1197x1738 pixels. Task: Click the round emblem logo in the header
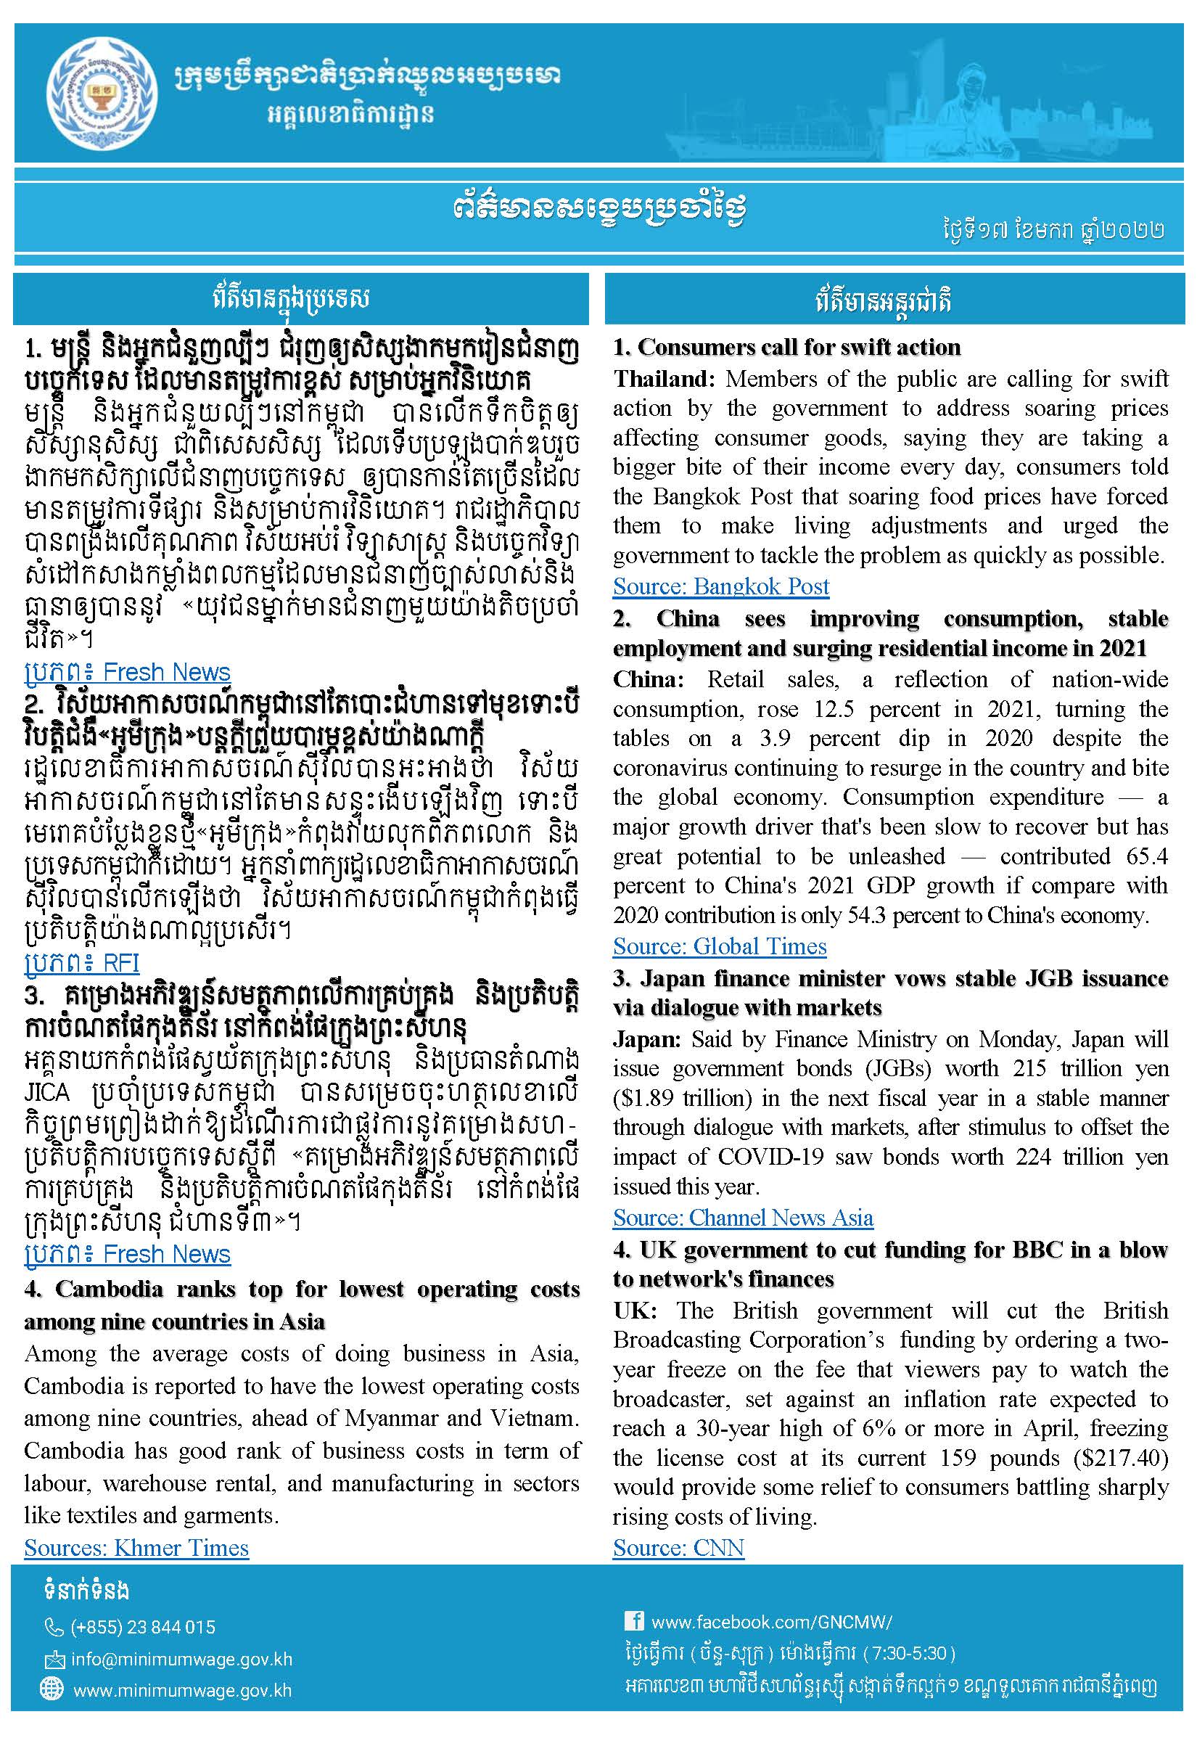[103, 94]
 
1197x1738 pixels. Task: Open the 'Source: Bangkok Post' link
[721, 586]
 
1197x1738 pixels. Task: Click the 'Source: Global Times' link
[719, 946]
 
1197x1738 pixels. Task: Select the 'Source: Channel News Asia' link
[742, 1217]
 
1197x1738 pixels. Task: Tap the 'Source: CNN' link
[678, 1547]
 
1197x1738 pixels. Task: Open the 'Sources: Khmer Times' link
[136, 1547]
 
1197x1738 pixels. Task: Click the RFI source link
[82, 963]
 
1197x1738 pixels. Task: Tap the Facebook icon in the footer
[634, 1621]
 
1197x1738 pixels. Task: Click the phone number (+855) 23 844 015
[142, 1627]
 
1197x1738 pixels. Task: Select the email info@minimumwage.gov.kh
[181, 1659]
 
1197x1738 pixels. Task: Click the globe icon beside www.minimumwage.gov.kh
[52, 1689]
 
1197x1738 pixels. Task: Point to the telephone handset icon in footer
[54, 1627]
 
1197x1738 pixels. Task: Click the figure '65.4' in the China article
[1147, 856]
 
